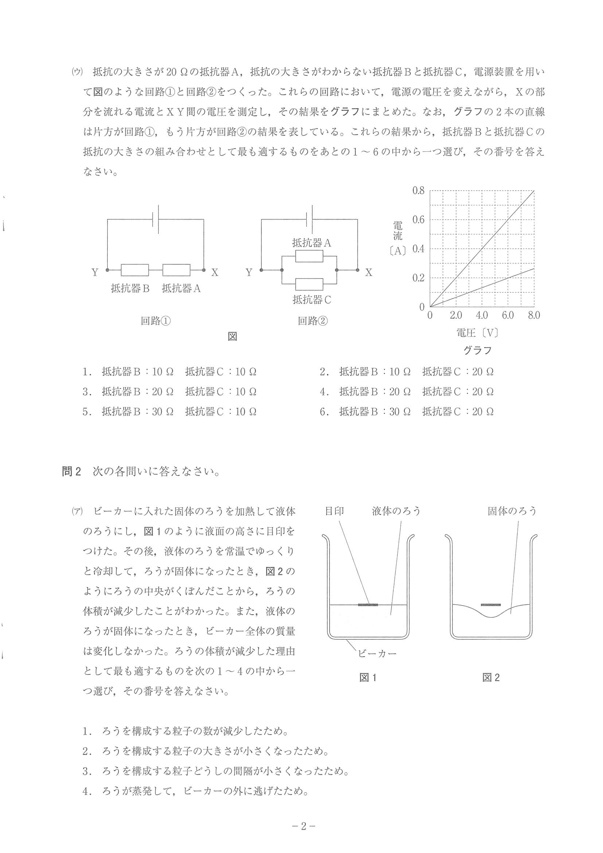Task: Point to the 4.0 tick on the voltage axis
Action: pos(482,315)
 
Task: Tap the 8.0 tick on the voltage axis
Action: pos(533,315)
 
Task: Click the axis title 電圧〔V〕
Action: pos(477,332)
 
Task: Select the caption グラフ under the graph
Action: pos(478,350)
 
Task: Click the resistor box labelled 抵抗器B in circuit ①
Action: pos(135,270)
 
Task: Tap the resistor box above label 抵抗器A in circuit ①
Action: pos(176,270)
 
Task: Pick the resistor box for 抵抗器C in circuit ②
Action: pos(310,284)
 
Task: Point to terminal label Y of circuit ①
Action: pos(95,273)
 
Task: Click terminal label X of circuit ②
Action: pos(368,273)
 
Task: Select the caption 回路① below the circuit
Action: pos(156,321)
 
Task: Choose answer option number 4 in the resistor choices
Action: pos(323,392)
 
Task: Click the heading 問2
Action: pos(71,472)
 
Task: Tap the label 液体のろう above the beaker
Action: pos(396,511)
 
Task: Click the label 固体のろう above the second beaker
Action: pos(512,511)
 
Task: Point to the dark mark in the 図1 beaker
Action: pos(368,605)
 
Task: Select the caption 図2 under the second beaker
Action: pos(491,677)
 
